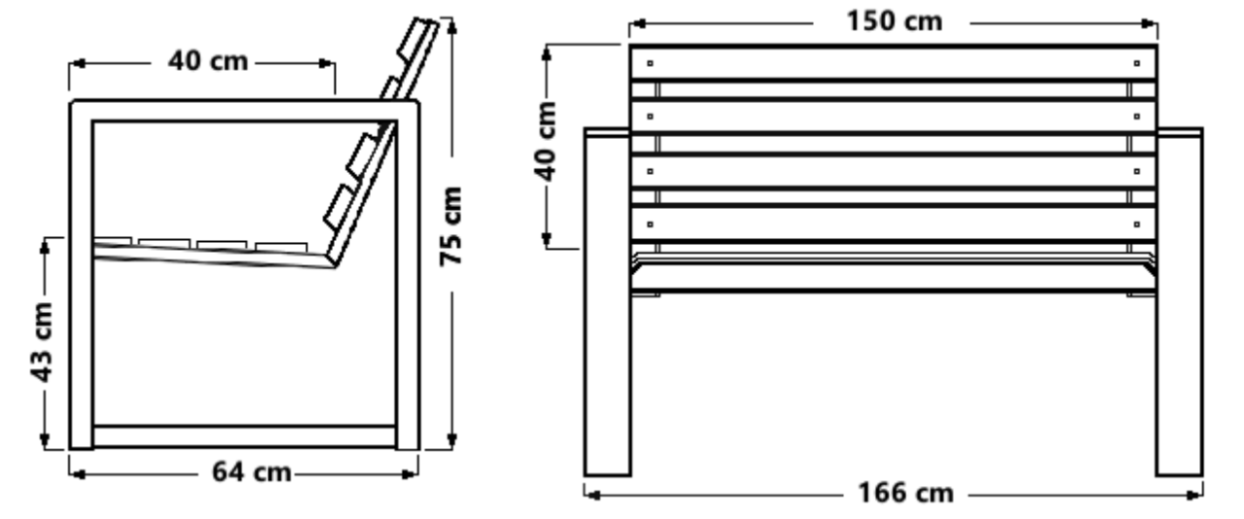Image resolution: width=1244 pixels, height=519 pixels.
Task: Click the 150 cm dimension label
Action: [892, 21]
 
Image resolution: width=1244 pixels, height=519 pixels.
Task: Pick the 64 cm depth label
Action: [252, 472]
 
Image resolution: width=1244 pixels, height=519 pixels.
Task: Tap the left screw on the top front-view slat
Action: [650, 64]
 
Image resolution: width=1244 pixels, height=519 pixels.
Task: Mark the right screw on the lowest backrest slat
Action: [1136, 225]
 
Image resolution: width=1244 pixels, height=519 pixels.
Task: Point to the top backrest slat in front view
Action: [892, 63]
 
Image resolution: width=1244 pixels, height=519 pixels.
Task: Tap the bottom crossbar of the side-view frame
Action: [244, 436]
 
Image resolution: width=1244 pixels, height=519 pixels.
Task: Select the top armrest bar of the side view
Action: [244, 110]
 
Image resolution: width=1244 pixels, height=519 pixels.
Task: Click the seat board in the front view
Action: [892, 278]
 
